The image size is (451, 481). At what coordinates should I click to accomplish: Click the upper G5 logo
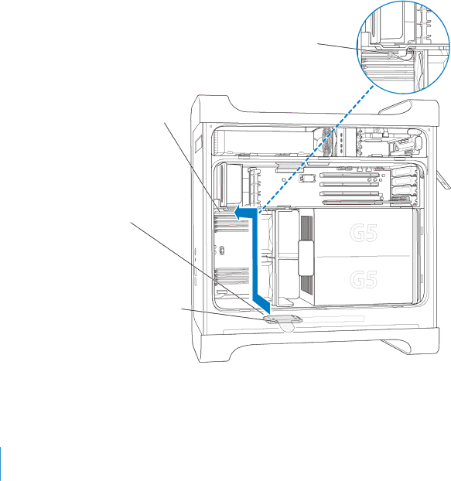[x=364, y=233]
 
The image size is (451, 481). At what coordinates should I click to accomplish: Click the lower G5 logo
[x=364, y=279]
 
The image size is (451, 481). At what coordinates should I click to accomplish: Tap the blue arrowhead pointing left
[x=241, y=213]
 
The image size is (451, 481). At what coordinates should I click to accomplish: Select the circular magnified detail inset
[x=403, y=47]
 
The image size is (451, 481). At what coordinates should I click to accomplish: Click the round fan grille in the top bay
[x=325, y=142]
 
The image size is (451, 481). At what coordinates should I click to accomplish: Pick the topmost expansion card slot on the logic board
[x=350, y=176]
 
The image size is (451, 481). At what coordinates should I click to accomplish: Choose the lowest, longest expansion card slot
[x=352, y=202]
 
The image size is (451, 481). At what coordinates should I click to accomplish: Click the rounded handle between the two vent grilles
[x=306, y=258]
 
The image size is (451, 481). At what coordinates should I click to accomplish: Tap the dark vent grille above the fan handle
[x=306, y=228]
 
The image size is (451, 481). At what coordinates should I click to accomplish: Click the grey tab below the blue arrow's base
[x=282, y=320]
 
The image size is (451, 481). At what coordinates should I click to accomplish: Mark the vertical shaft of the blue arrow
[x=255, y=256]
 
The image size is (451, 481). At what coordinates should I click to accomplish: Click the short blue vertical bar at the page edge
[x=1, y=463]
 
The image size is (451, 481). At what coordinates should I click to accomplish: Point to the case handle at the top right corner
[x=396, y=107]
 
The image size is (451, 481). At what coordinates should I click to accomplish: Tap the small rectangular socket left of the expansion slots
[x=307, y=178]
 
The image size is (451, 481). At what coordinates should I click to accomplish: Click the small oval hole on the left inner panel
[x=222, y=251]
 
